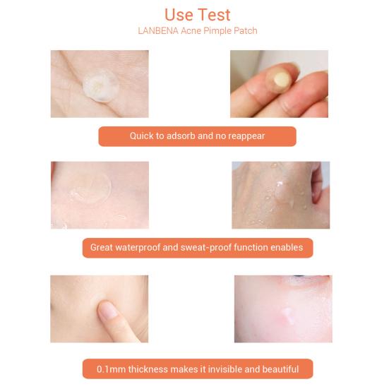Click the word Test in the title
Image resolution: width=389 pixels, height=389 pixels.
point(214,14)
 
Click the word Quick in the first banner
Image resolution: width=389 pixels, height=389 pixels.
point(143,136)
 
